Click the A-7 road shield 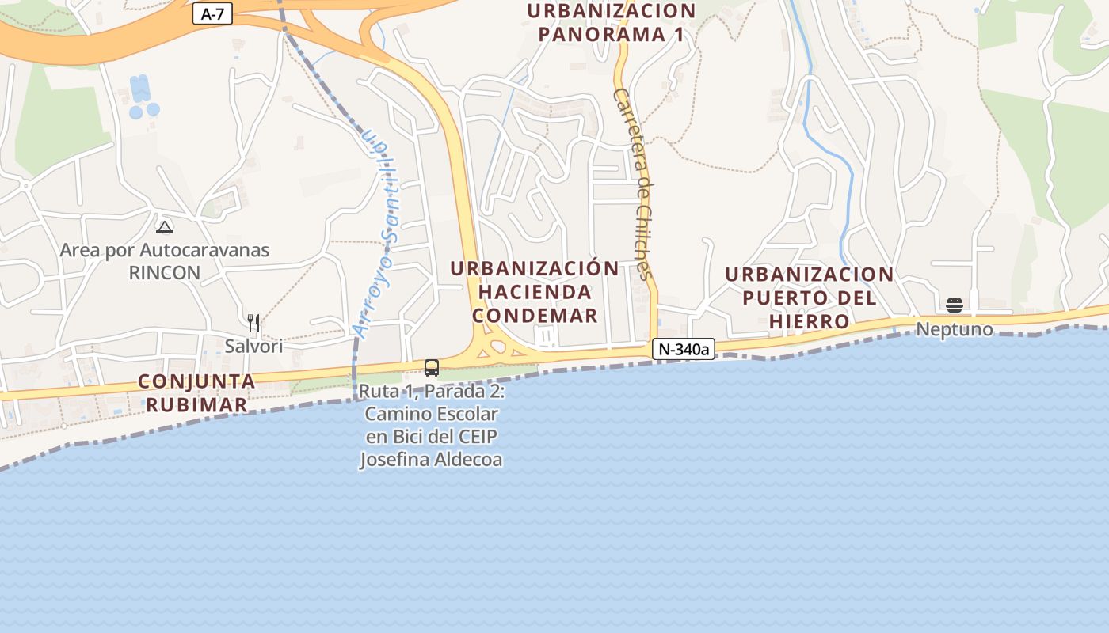coord(212,13)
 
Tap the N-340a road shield coord(684,348)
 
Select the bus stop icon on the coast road coord(432,367)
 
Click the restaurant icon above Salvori coord(253,322)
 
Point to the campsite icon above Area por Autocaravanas coord(165,228)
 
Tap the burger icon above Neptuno coord(955,305)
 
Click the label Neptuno coord(955,329)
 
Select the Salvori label coord(253,346)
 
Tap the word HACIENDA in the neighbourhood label coord(535,292)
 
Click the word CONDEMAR coord(535,316)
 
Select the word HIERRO coord(809,322)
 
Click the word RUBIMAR coord(196,405)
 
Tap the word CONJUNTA coord(196,381)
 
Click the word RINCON coord(165,273)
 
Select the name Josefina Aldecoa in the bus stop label coord(432,460)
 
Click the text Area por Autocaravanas coord(165,251)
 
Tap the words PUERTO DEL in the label coord(809,298)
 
